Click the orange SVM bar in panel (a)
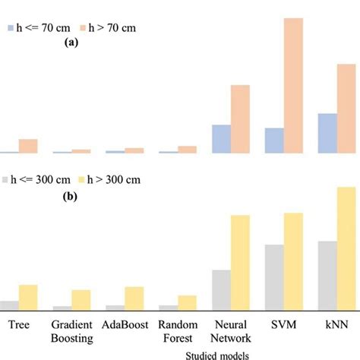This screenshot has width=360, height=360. (292, 85)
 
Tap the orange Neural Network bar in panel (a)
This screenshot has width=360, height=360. (240, 118)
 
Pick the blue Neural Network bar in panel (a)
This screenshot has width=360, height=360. (221, 139)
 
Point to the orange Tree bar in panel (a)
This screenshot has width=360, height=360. (28, 146)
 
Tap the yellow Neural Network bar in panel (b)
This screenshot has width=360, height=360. (240, 263)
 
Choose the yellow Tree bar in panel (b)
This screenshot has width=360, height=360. (28, 297)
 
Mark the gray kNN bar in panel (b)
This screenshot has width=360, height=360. (327, 275)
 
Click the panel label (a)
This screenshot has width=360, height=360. (73, 44)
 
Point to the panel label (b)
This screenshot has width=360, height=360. (73, 196)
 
